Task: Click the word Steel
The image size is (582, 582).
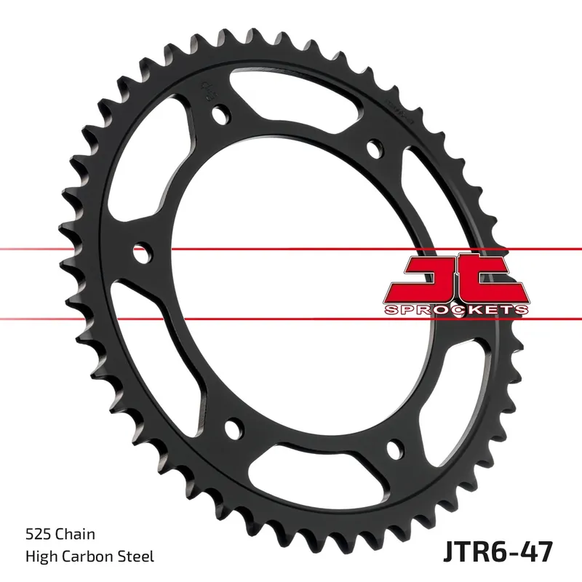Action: tap(137, 557)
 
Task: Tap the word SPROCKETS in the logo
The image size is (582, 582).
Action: tap(455, 310)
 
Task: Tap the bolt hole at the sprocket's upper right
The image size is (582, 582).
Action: tap(375, 148)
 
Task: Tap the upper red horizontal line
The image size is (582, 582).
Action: tap(73, 250)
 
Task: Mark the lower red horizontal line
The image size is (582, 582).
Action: tap(73, 318)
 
